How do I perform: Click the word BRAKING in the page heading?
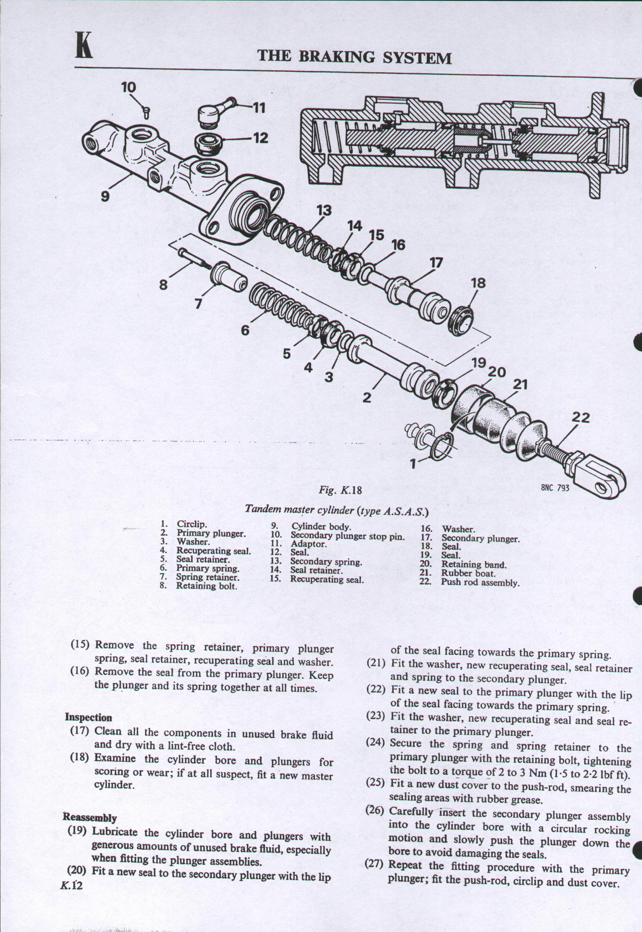338,57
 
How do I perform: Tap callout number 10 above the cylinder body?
129,88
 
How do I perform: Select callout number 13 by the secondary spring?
324,210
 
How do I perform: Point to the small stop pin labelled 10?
146,114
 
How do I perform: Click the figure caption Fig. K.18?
341,490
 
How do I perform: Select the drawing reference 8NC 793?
555,488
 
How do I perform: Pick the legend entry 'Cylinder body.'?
321,527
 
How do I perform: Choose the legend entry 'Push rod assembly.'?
480,582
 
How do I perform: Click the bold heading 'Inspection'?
89,717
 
